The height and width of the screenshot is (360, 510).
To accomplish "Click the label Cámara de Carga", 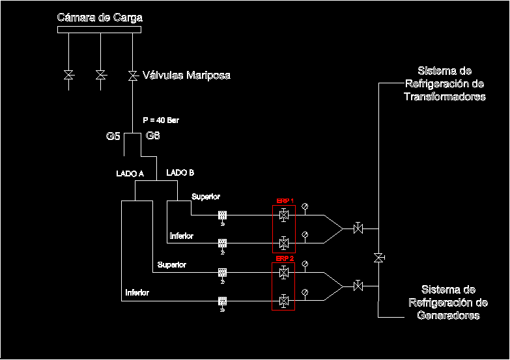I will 100,17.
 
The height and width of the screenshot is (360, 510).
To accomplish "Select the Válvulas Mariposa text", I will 186,76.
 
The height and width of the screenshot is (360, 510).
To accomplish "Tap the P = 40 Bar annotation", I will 160,120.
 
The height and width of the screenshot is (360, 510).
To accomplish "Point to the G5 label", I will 113,137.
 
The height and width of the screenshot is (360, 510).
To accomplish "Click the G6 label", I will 153,137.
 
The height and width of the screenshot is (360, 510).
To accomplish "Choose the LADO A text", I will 130,174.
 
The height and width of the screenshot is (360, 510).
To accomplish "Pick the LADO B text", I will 180,173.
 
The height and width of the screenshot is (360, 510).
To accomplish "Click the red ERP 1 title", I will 285,201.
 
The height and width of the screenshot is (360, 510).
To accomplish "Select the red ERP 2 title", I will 285,258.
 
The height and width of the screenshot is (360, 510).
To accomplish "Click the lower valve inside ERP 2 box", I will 284,301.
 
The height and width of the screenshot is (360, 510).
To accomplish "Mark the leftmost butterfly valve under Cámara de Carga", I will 68,76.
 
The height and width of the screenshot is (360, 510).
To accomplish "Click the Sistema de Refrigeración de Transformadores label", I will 445,83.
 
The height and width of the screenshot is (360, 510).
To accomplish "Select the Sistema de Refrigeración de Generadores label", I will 448,302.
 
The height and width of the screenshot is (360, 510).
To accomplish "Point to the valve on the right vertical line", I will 378,258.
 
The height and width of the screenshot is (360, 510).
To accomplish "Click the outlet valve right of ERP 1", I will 358,228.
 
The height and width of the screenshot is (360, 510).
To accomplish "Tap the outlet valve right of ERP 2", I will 358,286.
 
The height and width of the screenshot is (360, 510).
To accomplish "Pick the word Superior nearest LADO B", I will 206,197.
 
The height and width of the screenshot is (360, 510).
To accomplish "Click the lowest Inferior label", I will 137,293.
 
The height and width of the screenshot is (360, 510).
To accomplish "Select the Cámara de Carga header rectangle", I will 100,29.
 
